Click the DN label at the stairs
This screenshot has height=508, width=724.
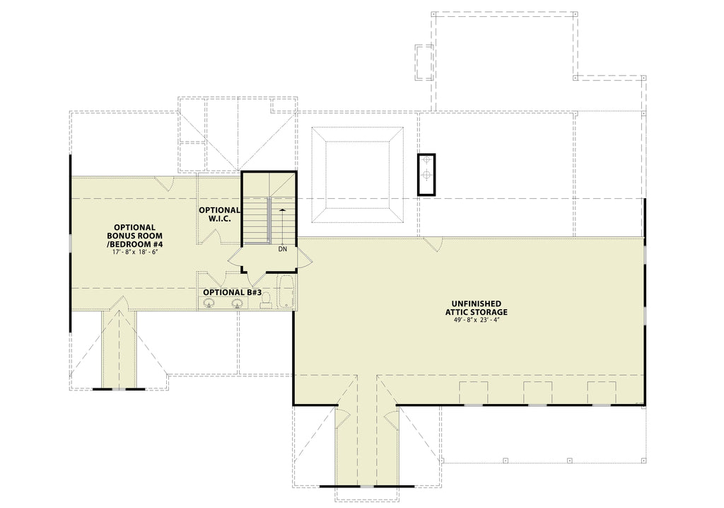tap(283, 249)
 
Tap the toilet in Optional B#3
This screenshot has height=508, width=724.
tap(264, 302)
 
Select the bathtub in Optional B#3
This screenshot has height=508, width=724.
tap(285, 294)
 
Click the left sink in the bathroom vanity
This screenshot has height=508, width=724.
tap(209, 304)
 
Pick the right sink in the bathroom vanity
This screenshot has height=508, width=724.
tap(238, 304)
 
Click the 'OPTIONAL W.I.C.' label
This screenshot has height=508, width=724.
tap(219, 215)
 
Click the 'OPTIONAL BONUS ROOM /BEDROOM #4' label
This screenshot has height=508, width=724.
tap(132, 236)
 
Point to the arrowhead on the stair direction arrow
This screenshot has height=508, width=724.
tap(283, 210)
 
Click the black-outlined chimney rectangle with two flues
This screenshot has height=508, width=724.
tap(426, 174)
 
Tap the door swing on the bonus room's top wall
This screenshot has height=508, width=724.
tap(165, 184)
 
